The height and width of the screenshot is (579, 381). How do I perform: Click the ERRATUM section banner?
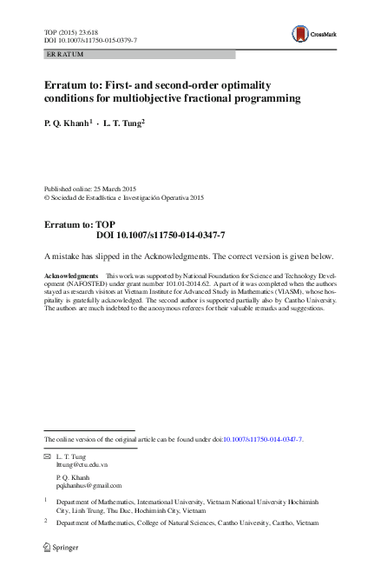pos(139,54)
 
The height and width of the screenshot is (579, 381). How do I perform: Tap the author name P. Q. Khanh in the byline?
pos(66,123)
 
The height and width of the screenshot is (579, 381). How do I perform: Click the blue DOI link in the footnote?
pos(263,440)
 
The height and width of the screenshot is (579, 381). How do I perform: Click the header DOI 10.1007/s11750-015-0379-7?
pos(90,41)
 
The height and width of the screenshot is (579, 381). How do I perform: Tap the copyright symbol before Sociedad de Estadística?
pos(47,197)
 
